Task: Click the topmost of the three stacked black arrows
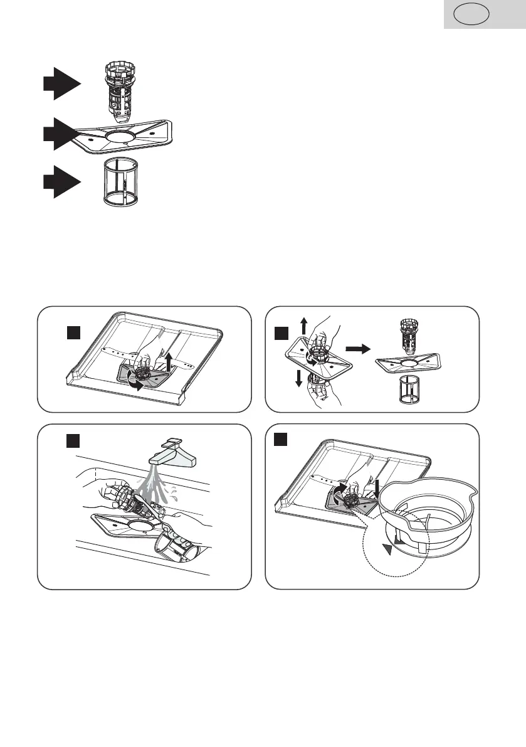[61, 84]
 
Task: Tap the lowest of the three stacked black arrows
[61, 182]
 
